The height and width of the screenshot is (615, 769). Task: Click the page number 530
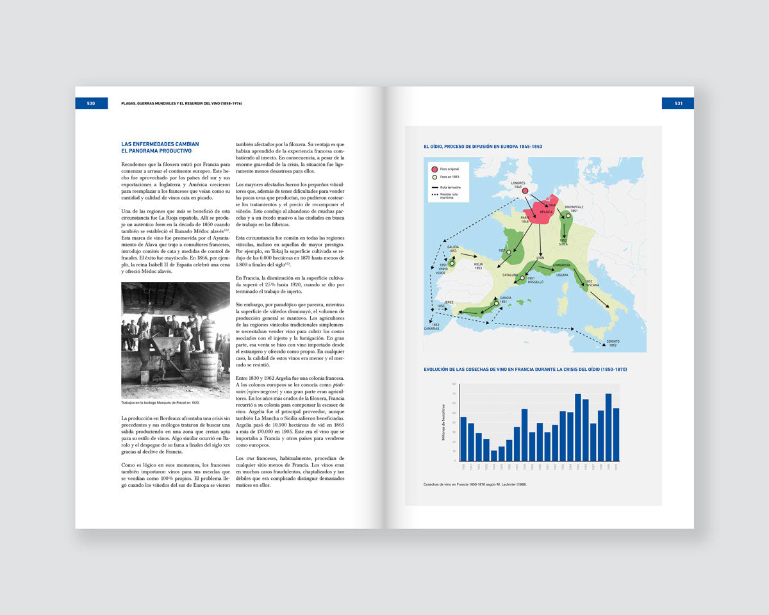91,103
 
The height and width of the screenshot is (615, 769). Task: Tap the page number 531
678,103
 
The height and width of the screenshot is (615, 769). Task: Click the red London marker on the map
525,191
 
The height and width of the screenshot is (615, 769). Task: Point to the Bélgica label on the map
546,211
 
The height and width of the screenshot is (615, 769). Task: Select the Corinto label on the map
613,343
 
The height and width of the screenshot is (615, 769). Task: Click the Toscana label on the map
591,284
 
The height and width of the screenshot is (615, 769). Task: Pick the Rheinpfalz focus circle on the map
568,216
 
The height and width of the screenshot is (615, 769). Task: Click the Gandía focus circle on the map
496,303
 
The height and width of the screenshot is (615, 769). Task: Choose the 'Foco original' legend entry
449,168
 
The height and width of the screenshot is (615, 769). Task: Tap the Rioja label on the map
478,263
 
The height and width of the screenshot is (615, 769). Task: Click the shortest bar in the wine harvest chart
493,455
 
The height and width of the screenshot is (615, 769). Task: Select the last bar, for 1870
616,434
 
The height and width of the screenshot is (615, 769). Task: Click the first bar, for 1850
463,439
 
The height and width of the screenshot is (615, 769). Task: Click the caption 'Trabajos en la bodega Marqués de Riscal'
160,402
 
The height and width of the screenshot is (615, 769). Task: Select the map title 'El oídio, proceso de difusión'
483,147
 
